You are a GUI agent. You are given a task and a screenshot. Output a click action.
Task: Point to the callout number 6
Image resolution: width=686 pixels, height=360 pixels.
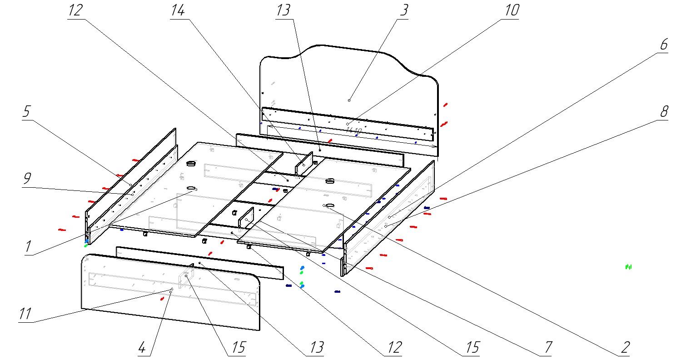pyautogui.click(x=664, y=45)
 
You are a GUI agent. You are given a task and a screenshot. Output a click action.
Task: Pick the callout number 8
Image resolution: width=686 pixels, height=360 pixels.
pyautogui.click(x=664, y=111)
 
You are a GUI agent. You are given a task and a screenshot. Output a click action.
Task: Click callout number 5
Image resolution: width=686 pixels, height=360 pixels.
pyautogui.click(x=27, y=112)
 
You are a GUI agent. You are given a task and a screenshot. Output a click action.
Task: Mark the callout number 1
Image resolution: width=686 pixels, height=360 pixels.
pyautogui.click(x=28, y=247)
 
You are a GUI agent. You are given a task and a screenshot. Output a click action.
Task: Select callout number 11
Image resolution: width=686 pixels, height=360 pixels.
pyautogui.click(x=25, y=314)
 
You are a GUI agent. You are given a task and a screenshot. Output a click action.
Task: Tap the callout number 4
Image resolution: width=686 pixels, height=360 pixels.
pyautogui.click(x=142, y=348)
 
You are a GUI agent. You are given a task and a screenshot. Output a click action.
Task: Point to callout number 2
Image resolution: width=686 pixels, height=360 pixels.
pyautogui.click(x=626, y=348)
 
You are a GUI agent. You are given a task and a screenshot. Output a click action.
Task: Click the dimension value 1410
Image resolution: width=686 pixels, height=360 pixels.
pyautogui.click(x=353, y=130)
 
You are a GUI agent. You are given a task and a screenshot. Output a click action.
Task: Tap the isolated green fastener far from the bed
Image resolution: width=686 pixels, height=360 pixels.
pyautogui.click(x=629, y=267)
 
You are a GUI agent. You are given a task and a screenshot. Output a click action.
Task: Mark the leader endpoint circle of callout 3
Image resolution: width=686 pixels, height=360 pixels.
pyautogui.click(x=349, y=100)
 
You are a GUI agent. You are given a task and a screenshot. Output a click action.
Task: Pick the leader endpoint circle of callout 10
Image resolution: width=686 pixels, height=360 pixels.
pyautogui.click(x=348, y=124)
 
